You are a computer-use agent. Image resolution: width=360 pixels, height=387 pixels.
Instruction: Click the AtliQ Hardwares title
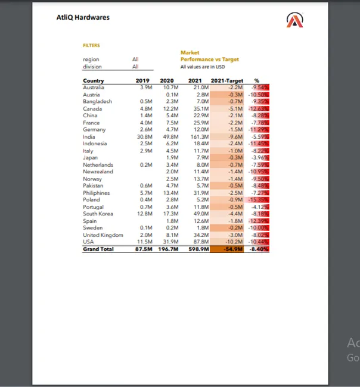pos(83,17)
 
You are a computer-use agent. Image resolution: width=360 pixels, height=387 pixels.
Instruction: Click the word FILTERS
pos(91,45)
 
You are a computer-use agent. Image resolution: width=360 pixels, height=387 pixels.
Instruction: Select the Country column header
pos(94,81)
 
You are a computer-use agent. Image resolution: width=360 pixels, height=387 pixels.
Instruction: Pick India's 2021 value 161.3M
pos(200,136)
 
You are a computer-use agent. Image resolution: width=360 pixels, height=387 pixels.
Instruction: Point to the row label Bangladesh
pos(97,101)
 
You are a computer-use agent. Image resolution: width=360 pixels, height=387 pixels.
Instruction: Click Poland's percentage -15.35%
pos(260,200)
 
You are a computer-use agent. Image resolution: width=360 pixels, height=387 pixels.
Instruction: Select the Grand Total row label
pos(98,249)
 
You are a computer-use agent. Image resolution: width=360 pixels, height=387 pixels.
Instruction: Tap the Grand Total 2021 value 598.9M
pos(198,249)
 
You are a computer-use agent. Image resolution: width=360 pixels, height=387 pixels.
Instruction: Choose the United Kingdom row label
pos(103,235)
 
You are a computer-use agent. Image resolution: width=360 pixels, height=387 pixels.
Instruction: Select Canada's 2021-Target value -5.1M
pos(235,108)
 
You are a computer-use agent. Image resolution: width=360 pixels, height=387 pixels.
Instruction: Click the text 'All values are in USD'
pos(202,67)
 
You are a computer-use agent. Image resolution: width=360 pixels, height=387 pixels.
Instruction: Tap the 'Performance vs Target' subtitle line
pos(209,60)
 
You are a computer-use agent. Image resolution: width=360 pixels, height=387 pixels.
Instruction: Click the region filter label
pos(91,60)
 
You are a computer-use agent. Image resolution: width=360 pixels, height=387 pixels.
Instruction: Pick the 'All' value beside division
pos(135,67)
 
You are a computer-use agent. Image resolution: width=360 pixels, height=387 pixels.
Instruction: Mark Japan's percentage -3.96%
pos(261,158)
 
